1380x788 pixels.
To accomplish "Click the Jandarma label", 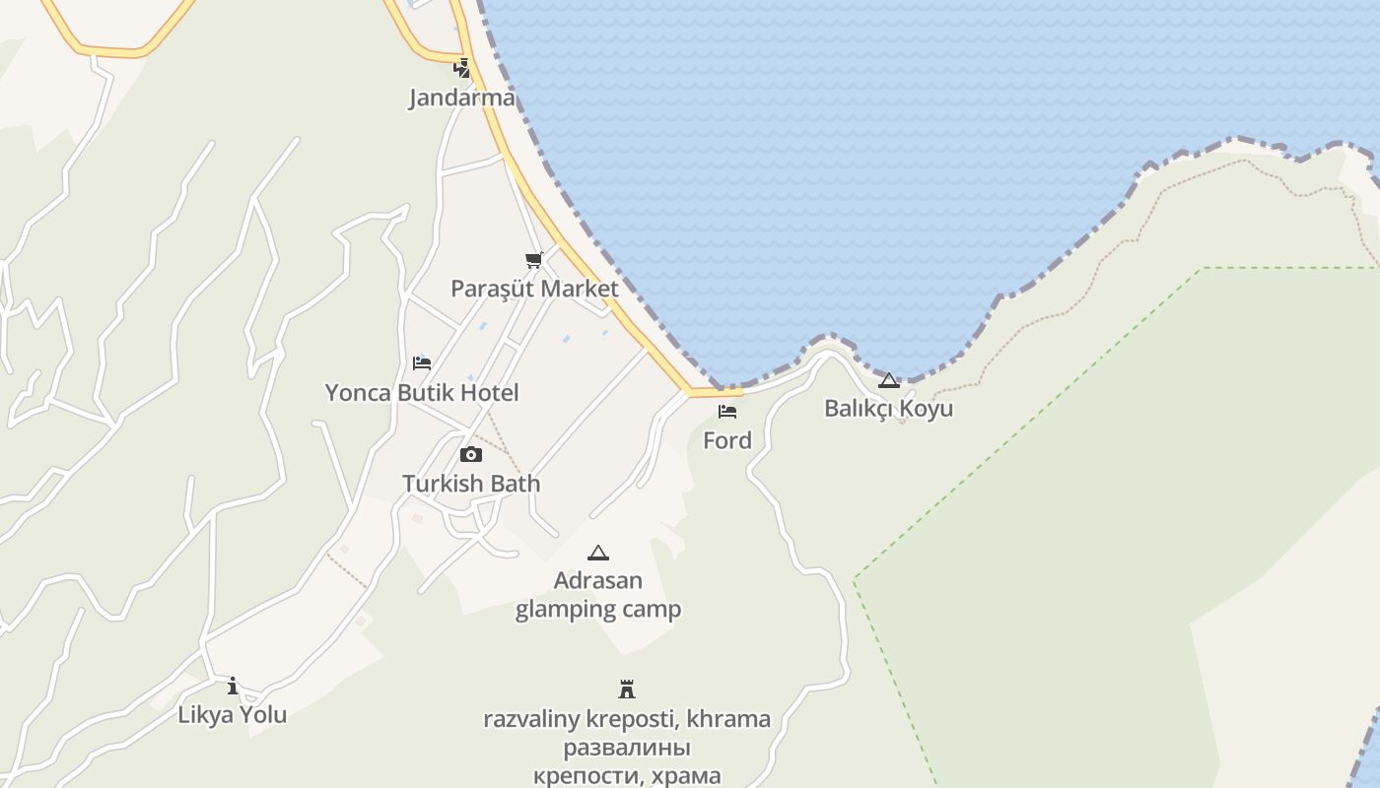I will tap(461, 98).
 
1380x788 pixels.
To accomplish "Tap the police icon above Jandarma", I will tap(461, 68).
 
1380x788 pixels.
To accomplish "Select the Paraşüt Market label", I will tap(534, 289).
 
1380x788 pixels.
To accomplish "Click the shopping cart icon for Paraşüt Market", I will tap(533, 260).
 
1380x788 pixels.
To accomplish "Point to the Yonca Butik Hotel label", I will tap(422, 393).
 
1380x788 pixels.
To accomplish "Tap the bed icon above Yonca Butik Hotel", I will tap(422, 363).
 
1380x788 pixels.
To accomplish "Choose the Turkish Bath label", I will tap(471, 484).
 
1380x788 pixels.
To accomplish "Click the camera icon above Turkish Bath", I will tap(471, 454).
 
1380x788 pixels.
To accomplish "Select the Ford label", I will tap(727, 440).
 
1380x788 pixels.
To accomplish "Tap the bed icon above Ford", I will tap(727, 411).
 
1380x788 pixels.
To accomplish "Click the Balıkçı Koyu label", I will tap(888, 408).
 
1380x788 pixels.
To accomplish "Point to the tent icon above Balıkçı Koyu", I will tap(888, 380).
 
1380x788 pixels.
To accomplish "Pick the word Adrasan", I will tap(597, 580).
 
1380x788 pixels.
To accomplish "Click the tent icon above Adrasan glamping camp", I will tap(597, 553).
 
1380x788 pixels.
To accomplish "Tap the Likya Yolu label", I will tap(233, 714).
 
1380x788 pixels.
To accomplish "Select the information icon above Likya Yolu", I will tap(233, 686).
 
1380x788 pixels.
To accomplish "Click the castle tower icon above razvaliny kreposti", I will tap(626, 689).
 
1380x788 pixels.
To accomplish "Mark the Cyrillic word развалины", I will tap(626, 747).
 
